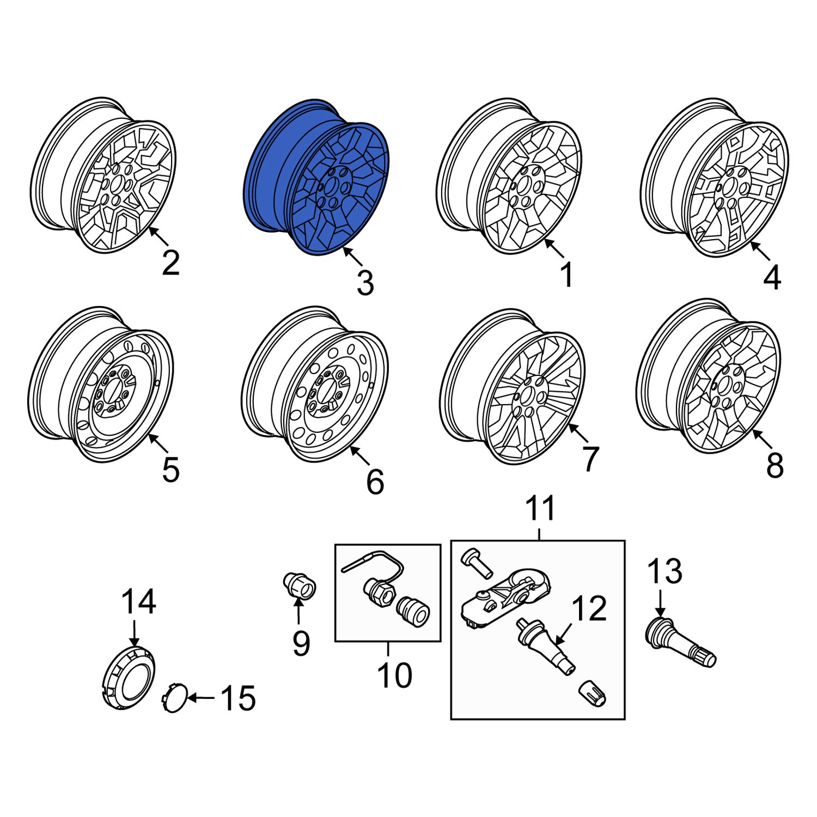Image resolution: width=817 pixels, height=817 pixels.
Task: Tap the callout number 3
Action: tap(365, 283)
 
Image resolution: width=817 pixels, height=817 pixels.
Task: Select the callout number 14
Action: tap(138, 602)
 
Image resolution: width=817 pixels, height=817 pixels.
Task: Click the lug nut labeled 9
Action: tap(299, 587)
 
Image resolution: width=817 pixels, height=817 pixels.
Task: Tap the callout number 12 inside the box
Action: tap(589, 608)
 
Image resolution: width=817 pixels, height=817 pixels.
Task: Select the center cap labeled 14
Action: tap(129, 678)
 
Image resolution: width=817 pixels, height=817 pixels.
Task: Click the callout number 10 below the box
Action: tap(394, 676)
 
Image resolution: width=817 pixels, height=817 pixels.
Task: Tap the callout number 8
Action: tap(775, 466)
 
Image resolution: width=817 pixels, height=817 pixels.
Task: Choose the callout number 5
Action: tap(170, 470)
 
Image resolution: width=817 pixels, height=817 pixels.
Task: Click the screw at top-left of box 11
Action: tap(473, 560)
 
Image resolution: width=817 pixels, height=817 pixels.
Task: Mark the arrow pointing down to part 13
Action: tap(660, 603)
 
